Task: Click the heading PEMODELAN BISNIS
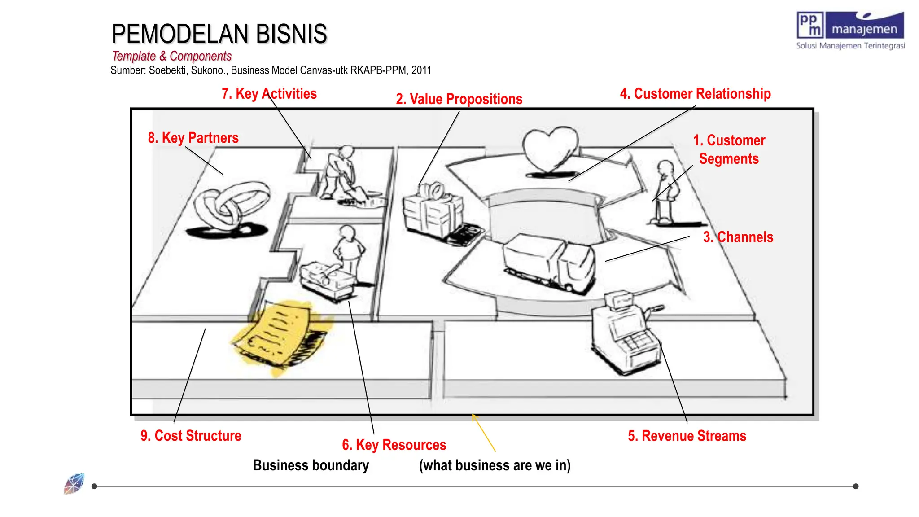click(219, 34)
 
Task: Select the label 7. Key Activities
click(269, 94)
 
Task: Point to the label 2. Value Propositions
click(459, 99)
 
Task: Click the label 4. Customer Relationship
click(695, 94)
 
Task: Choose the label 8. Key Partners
click(193, 138)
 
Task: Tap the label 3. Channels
click(738, 237)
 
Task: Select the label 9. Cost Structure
click(191, 436)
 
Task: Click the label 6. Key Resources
click(394, 445)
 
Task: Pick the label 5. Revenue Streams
click(687, 436)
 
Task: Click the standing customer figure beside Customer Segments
click(665, 193)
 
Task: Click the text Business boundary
click(311, 465)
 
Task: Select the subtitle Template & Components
click(171, 56)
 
